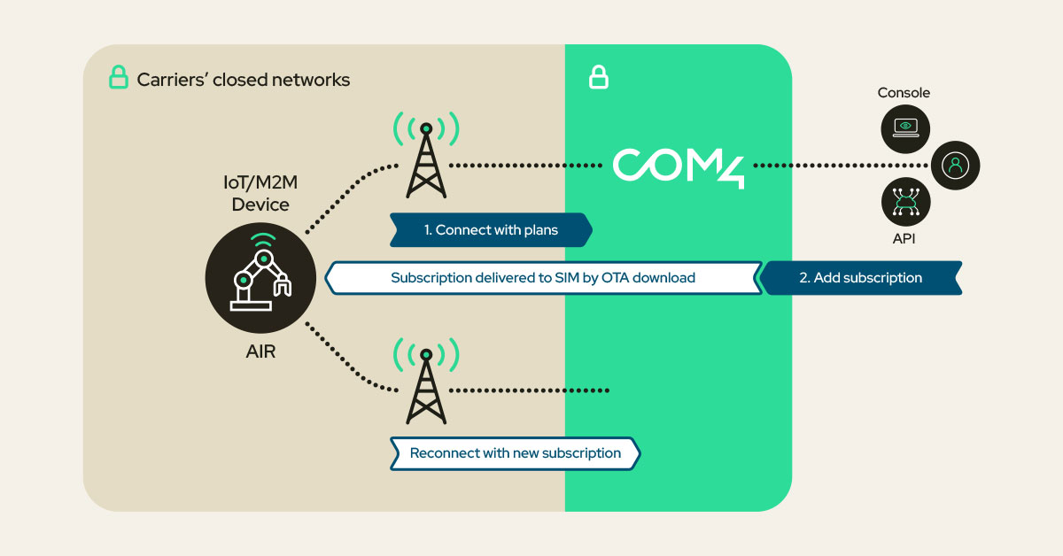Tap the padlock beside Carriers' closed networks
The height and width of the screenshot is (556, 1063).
119,79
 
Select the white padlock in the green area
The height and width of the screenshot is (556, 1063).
599,79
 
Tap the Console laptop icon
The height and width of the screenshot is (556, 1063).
904,127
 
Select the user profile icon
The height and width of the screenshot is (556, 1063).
955,166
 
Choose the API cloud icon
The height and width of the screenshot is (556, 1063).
904,203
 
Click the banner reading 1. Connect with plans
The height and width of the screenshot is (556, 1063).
491,230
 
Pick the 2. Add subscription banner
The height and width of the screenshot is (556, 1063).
860,277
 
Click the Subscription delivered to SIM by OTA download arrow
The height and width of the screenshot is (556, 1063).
543,277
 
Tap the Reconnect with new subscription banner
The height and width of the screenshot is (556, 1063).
515,453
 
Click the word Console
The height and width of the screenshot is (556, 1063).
904,93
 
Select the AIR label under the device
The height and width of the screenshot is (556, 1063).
260,351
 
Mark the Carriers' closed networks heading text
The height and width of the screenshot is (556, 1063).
243,80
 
